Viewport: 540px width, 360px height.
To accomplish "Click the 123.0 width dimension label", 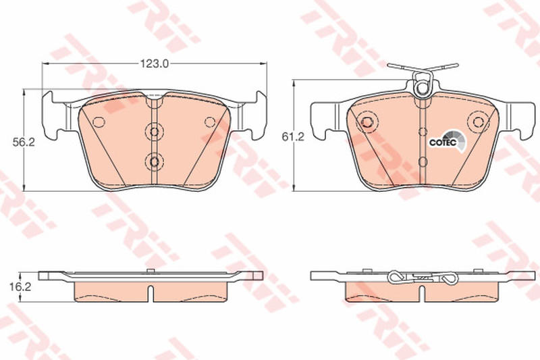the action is point(155,63).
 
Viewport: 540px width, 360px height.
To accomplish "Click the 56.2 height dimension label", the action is point(24,143).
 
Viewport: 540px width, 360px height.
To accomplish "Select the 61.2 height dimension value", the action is point(293,137).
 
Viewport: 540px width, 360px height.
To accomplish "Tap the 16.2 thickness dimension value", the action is point(20,286).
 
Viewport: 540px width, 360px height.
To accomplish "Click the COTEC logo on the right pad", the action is point(447,141).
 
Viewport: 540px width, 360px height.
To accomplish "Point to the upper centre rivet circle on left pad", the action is point(155,132).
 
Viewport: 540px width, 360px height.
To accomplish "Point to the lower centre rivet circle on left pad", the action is point(155,161).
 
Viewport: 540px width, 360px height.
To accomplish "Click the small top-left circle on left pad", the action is point(99,122).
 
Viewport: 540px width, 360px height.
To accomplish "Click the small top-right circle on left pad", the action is point(210,122).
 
